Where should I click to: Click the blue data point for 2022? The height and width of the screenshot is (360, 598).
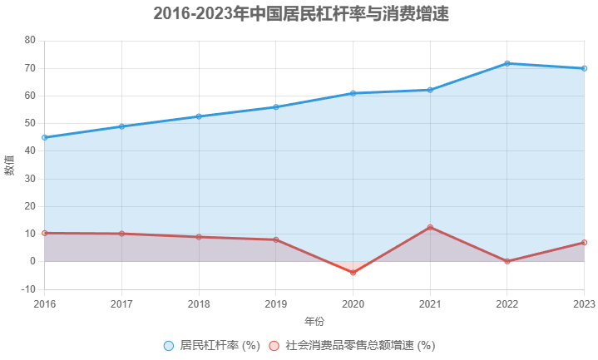tap(507, 63)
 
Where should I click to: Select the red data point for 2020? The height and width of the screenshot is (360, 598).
tap(353, 273)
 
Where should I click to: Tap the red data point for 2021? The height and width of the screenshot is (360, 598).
tap(430, 227)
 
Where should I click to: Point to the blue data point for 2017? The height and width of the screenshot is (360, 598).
tap(121, 126)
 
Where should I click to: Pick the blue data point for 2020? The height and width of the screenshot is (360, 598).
tap(353, 93)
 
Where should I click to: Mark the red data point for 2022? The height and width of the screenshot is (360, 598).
tap(507, 261)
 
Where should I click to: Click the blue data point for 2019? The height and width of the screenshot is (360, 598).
tap(276, 107)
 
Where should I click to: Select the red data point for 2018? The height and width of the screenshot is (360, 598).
tap(199, 237)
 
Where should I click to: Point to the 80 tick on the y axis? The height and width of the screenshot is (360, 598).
tap(30, 41)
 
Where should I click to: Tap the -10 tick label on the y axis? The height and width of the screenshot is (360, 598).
tap(27, 289)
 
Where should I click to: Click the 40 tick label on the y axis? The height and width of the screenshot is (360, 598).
tap(30, 151)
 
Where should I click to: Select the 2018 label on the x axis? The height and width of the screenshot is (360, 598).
tap(199, 304)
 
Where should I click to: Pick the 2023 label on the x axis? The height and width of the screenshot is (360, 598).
tap(583, 304)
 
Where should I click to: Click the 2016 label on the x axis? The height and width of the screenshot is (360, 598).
tap(45, 304)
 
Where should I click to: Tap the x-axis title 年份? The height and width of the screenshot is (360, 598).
tap(314, 321)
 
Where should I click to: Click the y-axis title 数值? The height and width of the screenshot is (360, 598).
tap(10, 165)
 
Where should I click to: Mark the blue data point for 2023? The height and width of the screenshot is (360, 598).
tap(584, 68)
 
